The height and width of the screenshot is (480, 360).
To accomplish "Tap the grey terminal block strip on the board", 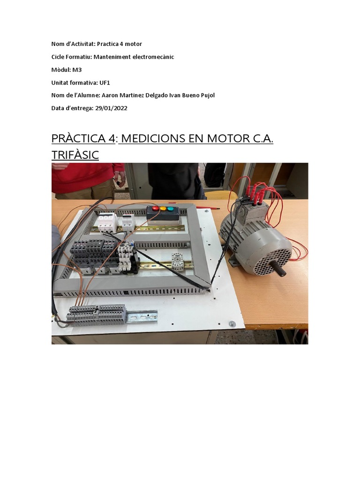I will point(97,313).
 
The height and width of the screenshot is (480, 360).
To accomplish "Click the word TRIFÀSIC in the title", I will point(75,155).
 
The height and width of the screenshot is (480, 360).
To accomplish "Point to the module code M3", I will point(77,70).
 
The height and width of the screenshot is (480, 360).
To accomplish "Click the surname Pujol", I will point(205,96).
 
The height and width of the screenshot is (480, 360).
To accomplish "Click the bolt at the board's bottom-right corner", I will point(232,323).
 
